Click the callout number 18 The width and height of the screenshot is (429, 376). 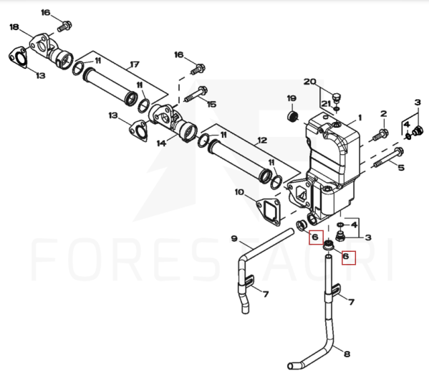[14, 27]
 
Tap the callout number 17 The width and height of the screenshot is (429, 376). [135, 65]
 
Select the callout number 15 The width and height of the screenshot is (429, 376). [211, 104]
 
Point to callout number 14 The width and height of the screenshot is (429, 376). [161, 143]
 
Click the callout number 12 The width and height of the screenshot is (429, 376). [262, 141]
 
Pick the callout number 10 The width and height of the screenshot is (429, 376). [239, 192]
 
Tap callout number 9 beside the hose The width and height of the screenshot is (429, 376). [234, 238]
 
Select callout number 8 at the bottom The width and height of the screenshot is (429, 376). [347, 354]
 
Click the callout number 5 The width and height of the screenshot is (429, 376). [401, 167]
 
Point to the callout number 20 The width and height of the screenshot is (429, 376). [309, 81]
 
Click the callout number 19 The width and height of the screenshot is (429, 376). [291, 98]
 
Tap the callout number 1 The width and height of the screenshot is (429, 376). [360, 118]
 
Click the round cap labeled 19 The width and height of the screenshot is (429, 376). [293, 116]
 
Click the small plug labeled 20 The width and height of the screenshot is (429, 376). [337, 98]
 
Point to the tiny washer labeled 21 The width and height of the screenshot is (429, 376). [337, 108]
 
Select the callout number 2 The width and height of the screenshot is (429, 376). [384, 113]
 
